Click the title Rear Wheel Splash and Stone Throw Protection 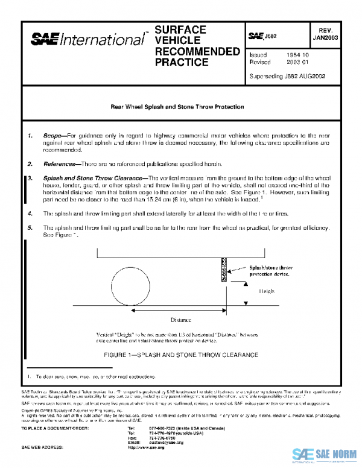tap(177, 107)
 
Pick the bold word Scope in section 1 tap(54, 136)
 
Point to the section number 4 tap(30, 213)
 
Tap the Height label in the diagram tap(267, 291)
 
